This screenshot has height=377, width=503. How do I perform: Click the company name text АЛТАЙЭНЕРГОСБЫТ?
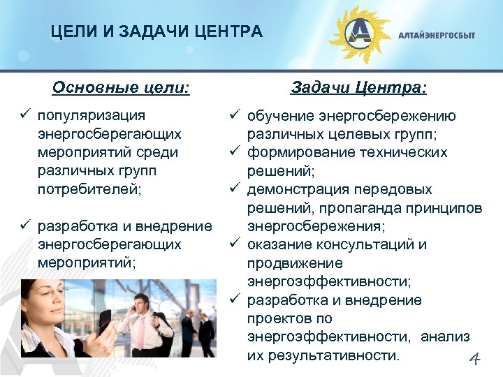(x=437, y=35)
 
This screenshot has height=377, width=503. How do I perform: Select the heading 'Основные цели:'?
(x=121, y=89)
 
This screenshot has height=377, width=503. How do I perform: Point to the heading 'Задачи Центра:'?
(x=359, y=89)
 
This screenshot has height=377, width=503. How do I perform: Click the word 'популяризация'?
(x=92, y=114)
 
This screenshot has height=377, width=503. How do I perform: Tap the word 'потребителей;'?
(x=89, y=188)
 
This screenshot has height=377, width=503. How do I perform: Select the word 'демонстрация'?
(x=300, y=189)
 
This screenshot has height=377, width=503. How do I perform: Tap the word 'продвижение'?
(x=294, y=263)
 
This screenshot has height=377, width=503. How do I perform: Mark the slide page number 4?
(x=474, y=360)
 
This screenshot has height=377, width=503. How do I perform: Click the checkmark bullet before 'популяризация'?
(x=25, y=114)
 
